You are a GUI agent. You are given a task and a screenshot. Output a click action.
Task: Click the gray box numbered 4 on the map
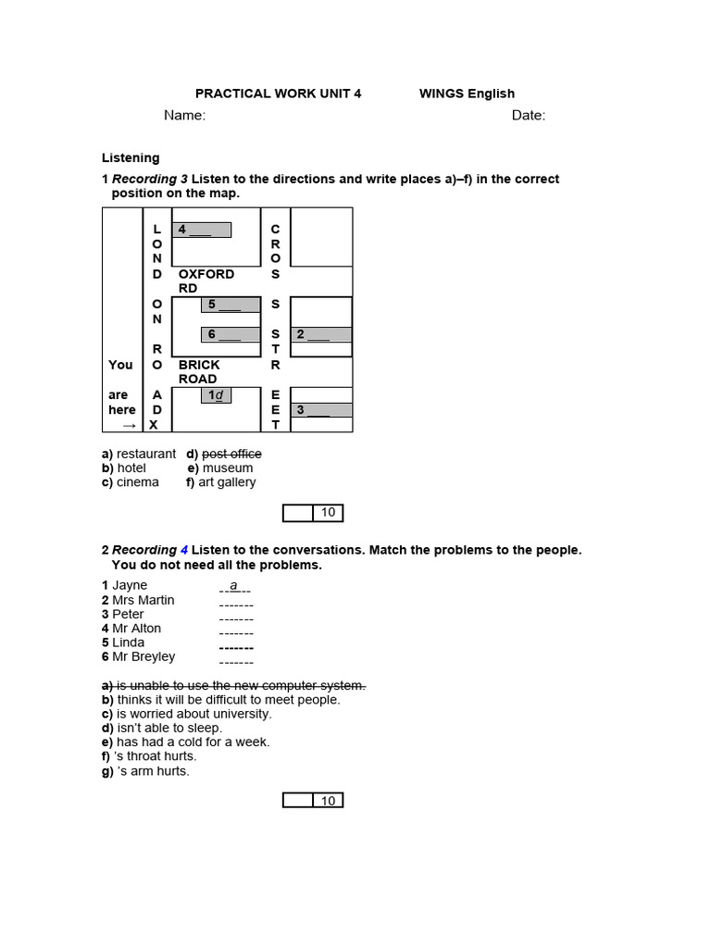(x=201, y=230)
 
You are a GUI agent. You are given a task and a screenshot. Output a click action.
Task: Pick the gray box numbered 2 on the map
(x=321, y=334)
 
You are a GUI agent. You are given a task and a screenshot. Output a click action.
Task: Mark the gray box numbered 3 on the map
(x=321, y=409)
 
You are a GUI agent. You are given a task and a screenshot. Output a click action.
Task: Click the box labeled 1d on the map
(x=217, y=395)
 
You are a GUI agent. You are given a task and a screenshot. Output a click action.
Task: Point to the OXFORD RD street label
(x=206, y=281)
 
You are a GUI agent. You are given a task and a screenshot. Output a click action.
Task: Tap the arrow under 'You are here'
(x=129, y=425)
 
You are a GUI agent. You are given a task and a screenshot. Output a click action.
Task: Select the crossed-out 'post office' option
(x=231, y=454)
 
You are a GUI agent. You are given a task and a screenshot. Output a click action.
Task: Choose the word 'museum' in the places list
(x=227, y=468)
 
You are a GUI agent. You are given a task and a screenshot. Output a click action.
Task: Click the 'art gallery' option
(x=227, y=482)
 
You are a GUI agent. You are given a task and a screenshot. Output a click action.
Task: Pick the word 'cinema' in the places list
(x=137, y=482)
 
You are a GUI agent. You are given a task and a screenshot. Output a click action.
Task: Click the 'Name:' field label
(x=184, y=116)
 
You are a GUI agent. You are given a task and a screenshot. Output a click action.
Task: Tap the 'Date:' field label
(x=529, y=116)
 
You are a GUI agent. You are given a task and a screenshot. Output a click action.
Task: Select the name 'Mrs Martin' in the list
(x=143, y=600)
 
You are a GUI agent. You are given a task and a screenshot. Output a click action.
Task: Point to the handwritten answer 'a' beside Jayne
(x=234, y=585)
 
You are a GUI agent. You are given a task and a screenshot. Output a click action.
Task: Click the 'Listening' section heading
(x=130, y=158)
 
